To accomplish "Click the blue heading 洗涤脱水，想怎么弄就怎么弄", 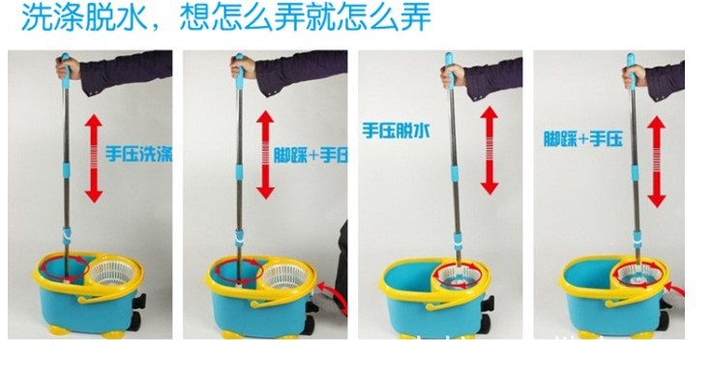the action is click(226, 17).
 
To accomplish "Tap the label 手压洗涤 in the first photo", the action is click(139, 154).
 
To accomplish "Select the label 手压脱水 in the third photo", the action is click(396, 132).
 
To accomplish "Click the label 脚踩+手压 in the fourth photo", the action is click(583, 138).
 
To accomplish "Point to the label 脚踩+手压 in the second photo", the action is click(311, 155).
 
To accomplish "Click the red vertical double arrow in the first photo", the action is click(94, 158).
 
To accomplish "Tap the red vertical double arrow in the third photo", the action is click(489, 150).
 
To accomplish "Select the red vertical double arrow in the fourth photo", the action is click(656, 161).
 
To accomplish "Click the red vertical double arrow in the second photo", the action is click(265, 155).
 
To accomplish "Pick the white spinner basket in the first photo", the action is click(113, 274).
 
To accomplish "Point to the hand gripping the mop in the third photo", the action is click(452, 74).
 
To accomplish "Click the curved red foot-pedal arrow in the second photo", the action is click(334, 296).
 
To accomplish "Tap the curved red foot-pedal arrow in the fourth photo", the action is click(675, 289).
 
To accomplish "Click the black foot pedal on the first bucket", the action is click(138, 301).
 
